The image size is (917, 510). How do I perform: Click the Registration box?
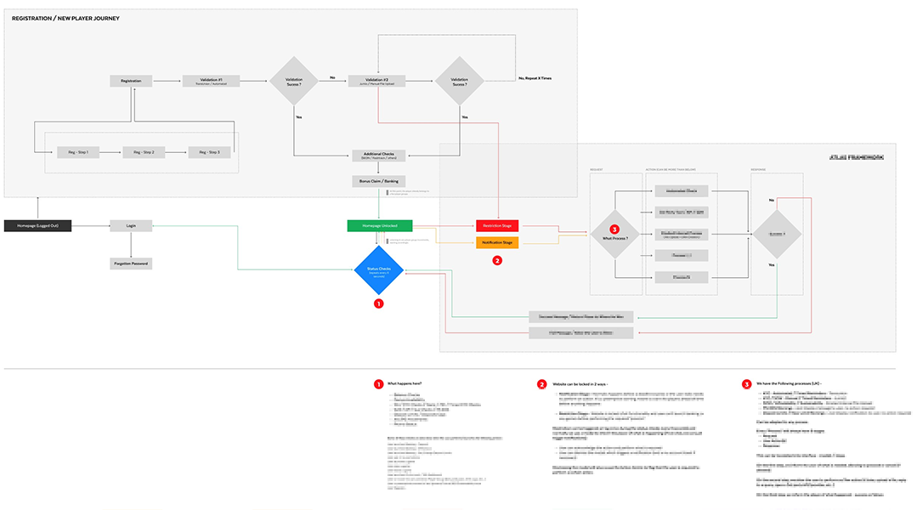(x=131, y=81)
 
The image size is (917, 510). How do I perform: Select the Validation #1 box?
(x=211, y=81)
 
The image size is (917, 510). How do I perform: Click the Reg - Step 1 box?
(x=78, y=152)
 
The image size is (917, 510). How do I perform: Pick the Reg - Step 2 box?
(x=144, y=152)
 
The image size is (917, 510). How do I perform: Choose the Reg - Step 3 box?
(x=209, y=152)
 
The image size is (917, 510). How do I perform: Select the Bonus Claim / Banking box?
(x=379, y=181)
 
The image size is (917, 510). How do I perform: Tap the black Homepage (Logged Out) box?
(x=37, y=225)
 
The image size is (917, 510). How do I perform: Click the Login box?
(x=131, y=225)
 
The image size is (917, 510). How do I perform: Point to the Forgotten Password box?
(x=131, y=264)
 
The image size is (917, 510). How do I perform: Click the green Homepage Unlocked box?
(x=379, y=225)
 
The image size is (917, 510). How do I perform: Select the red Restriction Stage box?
(x=498, y=226)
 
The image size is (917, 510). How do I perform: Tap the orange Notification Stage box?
(x=498, y=242)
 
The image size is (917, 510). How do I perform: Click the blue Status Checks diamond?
(x=379, y=271)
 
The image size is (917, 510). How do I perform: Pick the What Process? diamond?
(x=614, y=234)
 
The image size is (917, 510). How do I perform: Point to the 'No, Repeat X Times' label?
(x=535, y=77)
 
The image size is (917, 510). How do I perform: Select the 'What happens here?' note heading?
(x=405, y=384)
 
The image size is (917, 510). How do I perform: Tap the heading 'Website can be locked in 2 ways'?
(x=583, y=384)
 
